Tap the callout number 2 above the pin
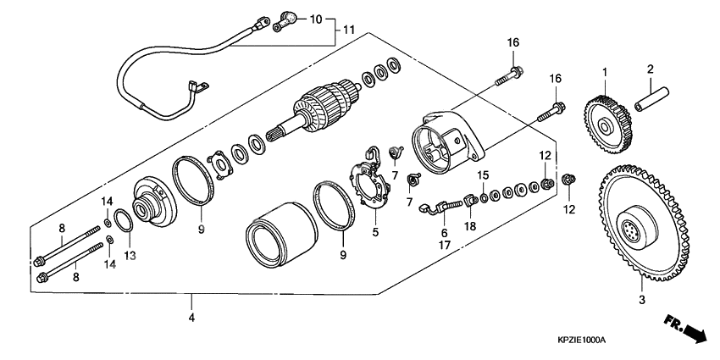tap(651, 69)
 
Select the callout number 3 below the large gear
tap(641, 300)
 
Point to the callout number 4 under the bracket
tap(191, 318)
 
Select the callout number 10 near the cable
tap(315, 19)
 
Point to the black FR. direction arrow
tap(685, 329)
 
